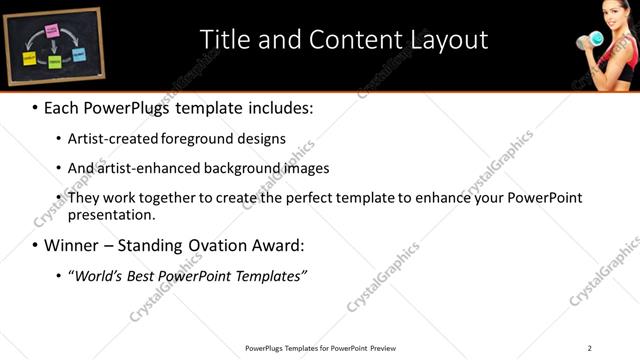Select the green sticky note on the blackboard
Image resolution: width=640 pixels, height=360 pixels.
pyautogui.click(x=55, y=61)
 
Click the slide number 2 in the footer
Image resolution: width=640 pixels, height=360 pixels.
pyautogui.click(x=589, y=348)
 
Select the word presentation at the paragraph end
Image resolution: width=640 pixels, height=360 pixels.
pyautogui.click(x=110, y=214)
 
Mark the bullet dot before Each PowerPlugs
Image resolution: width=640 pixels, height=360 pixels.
pyautogui.click(x=35, y=106)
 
